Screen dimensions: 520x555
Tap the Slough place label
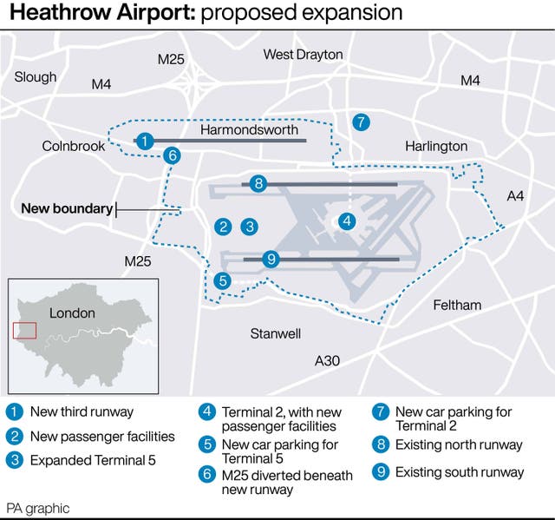coord(36,76)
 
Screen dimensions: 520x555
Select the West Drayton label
coord(303,55)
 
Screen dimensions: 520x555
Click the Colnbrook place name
coord(74,146)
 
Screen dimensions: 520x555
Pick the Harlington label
coord(436,146)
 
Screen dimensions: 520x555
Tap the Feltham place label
coord(457,305)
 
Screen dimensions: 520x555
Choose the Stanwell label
coord(276,333)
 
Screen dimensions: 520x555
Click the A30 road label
coord(327,360)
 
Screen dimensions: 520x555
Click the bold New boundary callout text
coord(67,208)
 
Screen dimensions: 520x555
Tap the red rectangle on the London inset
coord(25,330)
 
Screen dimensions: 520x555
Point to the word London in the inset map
coord(72,313)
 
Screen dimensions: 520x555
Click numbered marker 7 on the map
coord(362,122)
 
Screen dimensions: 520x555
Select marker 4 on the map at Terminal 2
coord(346,221)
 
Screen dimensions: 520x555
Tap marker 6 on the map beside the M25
coord(173,156)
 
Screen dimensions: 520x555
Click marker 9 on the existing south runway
coord(271,259)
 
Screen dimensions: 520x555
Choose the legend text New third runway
coord(82,411)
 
